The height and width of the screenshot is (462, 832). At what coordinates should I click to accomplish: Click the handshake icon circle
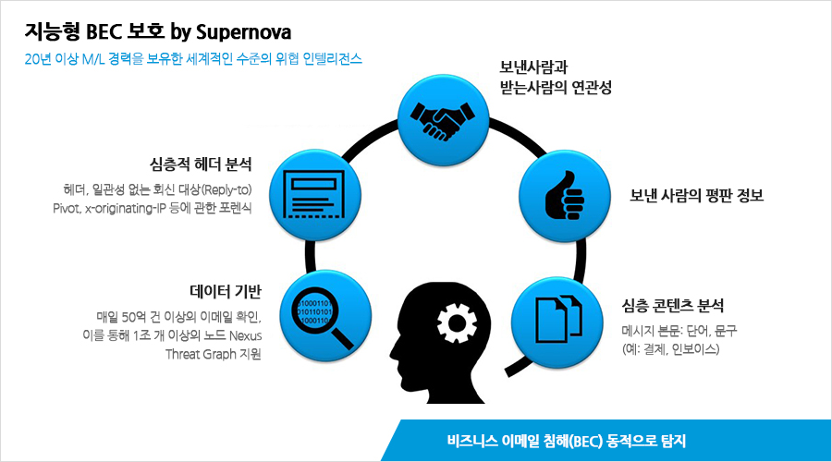444,120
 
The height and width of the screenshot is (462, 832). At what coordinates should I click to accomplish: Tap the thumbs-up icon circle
565,196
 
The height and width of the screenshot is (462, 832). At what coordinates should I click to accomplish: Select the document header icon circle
315,195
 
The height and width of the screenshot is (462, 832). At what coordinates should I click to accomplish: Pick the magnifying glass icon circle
325,316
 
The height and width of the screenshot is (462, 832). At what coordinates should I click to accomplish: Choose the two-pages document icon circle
557,322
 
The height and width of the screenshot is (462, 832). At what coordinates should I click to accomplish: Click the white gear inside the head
457,322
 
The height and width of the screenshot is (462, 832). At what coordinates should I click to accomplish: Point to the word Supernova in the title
243,32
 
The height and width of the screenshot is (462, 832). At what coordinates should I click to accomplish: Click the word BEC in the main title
104,31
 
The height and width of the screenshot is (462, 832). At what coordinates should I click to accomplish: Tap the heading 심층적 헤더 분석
201,164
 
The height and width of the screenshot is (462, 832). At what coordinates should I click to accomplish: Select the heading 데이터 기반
226,291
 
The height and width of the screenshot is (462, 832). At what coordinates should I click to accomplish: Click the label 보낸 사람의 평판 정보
696,195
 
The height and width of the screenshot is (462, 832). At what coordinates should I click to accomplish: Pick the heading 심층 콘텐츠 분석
673,305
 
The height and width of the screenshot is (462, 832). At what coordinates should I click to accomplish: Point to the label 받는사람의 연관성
556,87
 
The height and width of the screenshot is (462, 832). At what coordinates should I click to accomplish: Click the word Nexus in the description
245,335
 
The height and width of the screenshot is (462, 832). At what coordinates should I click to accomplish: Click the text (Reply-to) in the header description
226,190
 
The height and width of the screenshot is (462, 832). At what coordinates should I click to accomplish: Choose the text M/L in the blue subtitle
93,59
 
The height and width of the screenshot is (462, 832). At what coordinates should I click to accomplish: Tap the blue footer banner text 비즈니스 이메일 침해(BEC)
525,441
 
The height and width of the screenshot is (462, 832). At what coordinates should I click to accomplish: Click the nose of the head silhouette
393,350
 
